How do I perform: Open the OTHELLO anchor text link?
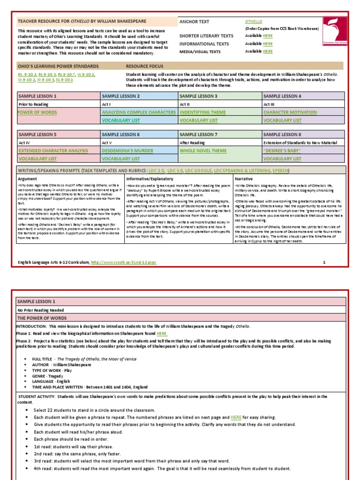[254, 22]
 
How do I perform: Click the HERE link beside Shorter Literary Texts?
[268, 36]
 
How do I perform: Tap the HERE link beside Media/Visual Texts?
[268, 51]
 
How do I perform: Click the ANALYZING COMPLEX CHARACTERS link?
[139, 112]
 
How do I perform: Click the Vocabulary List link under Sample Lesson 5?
[37, 159]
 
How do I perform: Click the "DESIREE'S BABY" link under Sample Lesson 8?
[282, 151]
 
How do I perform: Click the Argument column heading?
[27, 179]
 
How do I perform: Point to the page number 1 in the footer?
[323, 263]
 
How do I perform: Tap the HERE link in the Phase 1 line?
[162, 333]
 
